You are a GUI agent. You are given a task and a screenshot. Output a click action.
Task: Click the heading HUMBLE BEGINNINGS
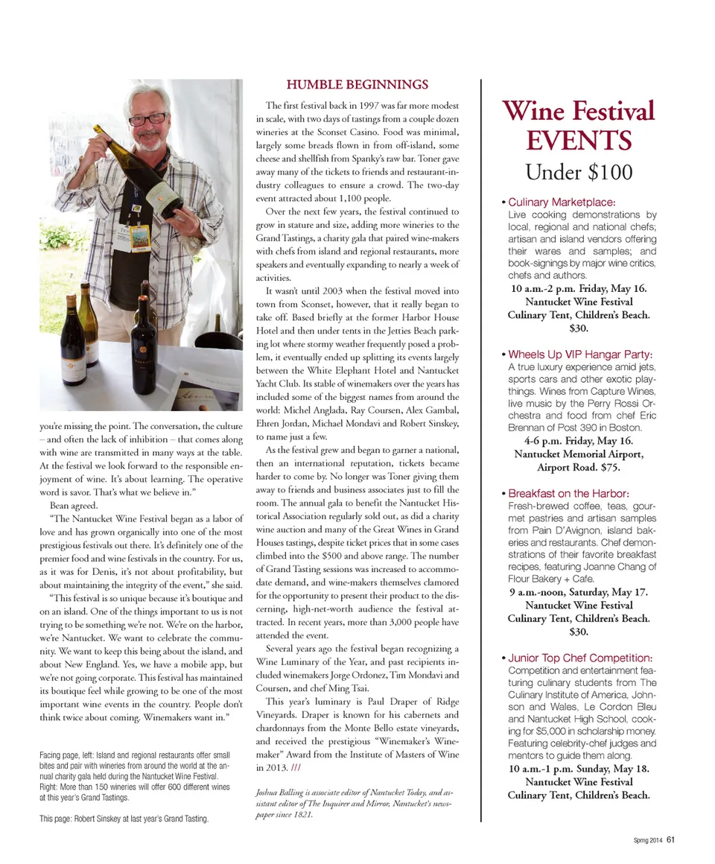point(357,84)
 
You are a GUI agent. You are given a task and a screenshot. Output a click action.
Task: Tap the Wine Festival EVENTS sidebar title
point(579,124)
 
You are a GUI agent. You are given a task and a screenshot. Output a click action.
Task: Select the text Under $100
point(579,172)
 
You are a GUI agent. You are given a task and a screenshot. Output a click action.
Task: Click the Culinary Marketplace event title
point(562,202)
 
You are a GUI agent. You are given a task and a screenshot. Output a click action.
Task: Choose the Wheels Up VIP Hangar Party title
point(580,354)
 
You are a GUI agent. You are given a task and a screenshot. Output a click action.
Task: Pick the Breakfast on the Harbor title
point(569,494)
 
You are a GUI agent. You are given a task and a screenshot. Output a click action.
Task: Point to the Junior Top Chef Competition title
point(580,658)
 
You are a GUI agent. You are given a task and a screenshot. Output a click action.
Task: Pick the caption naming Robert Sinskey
point(123,819)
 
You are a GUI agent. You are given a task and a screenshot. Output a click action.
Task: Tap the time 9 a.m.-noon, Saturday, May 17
point(579,593)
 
